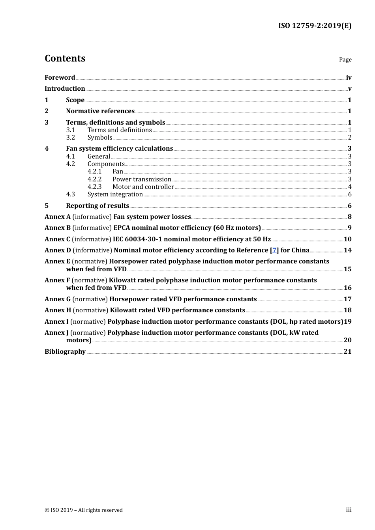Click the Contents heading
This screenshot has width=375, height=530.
point(65,58)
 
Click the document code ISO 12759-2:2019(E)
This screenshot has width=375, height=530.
point(315,26)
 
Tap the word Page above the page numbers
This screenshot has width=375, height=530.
point(345,60)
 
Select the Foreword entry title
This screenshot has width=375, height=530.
point(60,78)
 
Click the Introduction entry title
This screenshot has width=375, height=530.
point(65,89)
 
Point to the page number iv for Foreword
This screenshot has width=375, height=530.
point(349,78)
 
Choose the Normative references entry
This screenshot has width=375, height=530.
point(100,111)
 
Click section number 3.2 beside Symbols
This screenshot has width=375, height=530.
point(70,138)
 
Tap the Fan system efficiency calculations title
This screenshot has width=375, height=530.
point(119,149)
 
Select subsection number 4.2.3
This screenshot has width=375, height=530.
point(94,187)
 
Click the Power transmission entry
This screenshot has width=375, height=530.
point(142,179)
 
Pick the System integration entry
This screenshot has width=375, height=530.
point(115,194)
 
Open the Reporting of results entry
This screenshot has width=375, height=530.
point(97,206)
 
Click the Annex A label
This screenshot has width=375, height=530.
point(58,217)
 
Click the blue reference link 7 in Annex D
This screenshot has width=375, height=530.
point(274,250)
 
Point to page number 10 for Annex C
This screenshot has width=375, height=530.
point(347,239)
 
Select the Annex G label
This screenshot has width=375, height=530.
point(58,299)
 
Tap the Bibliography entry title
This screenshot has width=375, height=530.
point(65,352)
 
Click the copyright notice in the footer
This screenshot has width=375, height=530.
point(84,510)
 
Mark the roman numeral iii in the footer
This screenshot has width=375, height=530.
point(349,510)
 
